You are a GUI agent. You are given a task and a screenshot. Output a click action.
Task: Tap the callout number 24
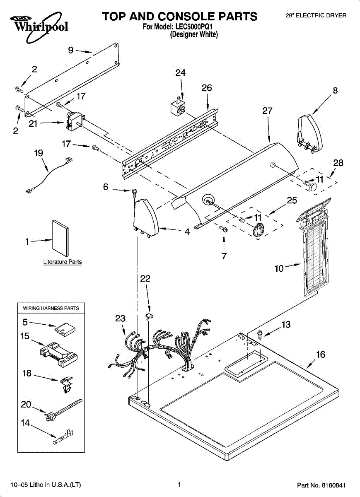[180, 73]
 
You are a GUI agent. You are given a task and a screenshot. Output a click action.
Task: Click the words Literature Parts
[63, 262]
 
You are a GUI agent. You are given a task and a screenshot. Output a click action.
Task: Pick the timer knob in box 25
[258, 229]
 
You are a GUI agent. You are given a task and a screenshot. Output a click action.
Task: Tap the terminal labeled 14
[64, 437]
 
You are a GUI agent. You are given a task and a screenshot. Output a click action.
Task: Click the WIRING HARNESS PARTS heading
[51, 308]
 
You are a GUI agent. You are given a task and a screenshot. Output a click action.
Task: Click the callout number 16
[321, 355]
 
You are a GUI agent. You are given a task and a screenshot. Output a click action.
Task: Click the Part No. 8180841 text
[321, 485]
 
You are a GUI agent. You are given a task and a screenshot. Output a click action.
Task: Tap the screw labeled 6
[134, 191]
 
